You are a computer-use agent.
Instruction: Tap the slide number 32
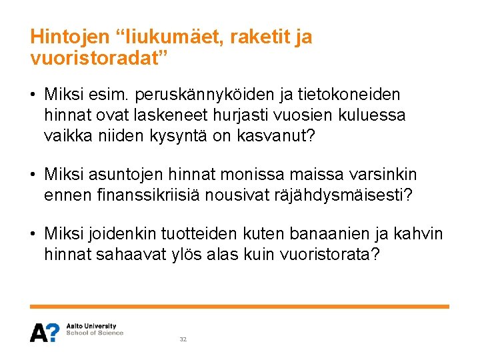(x=183, y=339)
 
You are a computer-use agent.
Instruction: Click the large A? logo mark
(x=44, y=332)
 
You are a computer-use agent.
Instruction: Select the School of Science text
(x=95, y=333)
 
